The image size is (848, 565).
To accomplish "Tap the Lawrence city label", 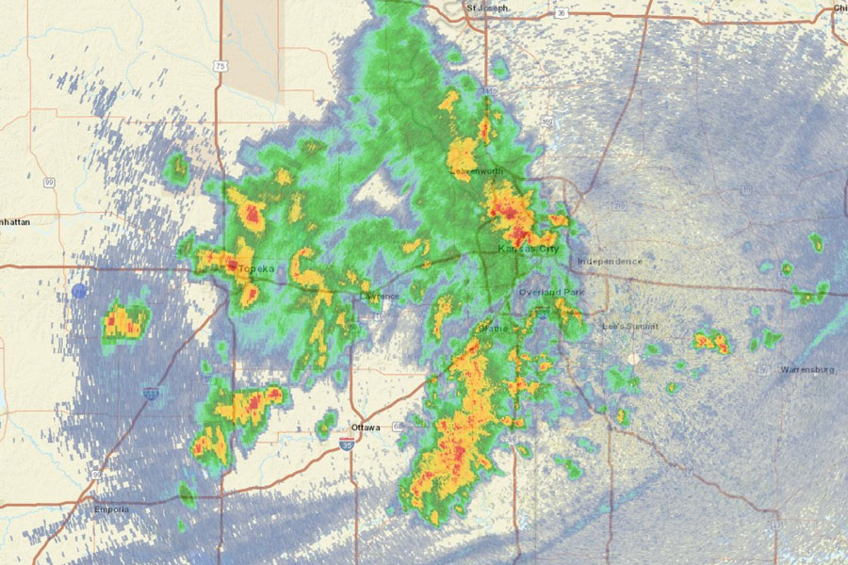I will point(380,296).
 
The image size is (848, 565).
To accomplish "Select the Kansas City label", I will point(529,249).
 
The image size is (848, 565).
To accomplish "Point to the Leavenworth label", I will point(477,170).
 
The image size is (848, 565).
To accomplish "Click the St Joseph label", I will point(489,8).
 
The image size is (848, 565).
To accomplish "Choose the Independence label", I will point(610,261).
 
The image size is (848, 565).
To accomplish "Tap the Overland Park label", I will point(552,293).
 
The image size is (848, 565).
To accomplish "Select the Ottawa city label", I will point(366,428).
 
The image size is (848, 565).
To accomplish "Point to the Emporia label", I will point(111,509).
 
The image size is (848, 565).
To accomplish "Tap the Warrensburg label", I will point(807,370).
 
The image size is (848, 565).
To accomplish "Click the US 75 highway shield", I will point(220,66).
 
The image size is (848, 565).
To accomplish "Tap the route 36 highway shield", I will point(561,13).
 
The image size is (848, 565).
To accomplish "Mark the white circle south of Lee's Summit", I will point(633,359).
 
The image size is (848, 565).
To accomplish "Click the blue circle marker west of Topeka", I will point(79,291).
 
